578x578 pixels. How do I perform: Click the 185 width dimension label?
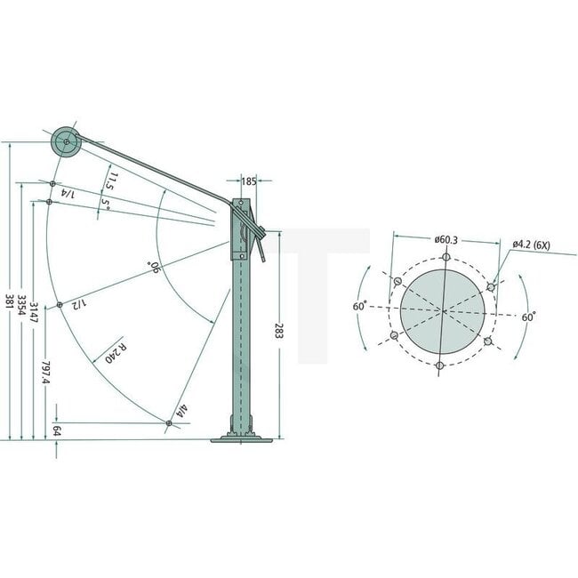248,181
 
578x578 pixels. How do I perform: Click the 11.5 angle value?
109,182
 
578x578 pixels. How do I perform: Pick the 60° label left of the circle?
359,308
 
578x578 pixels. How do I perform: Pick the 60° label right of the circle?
528,316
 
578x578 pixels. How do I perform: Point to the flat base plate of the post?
243,438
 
